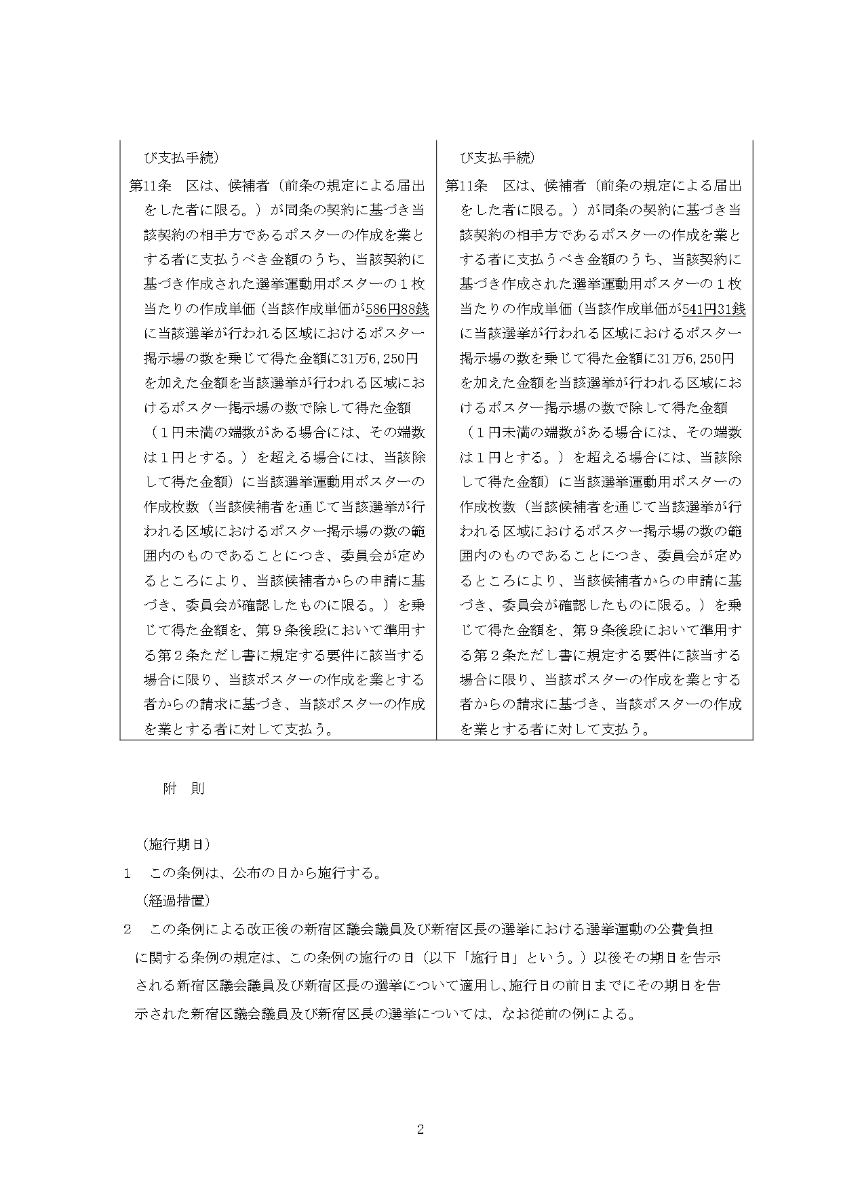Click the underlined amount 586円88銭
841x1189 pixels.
[x=397, y=309]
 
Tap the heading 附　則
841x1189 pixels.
[x=183, y=788]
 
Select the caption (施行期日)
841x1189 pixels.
[x=176, y=844]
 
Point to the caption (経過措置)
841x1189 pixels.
[x=176, y=901]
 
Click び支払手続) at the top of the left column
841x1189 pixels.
[x=180, y=158]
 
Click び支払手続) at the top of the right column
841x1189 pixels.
[x=497, y=158]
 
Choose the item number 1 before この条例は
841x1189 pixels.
[x=127, y=873]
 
